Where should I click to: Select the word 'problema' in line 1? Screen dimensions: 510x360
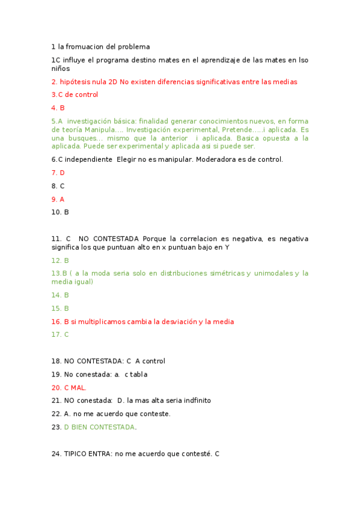coord(134,46)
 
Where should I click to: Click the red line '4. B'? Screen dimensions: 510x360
coord(58,108)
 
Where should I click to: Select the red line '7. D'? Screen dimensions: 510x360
coord(58,173)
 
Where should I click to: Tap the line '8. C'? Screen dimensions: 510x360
coord(58,186)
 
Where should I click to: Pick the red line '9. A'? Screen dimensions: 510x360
coord(58,199)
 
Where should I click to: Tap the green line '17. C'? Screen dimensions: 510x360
coord(60,334)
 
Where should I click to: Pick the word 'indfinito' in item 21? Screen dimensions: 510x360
coord(195,401)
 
